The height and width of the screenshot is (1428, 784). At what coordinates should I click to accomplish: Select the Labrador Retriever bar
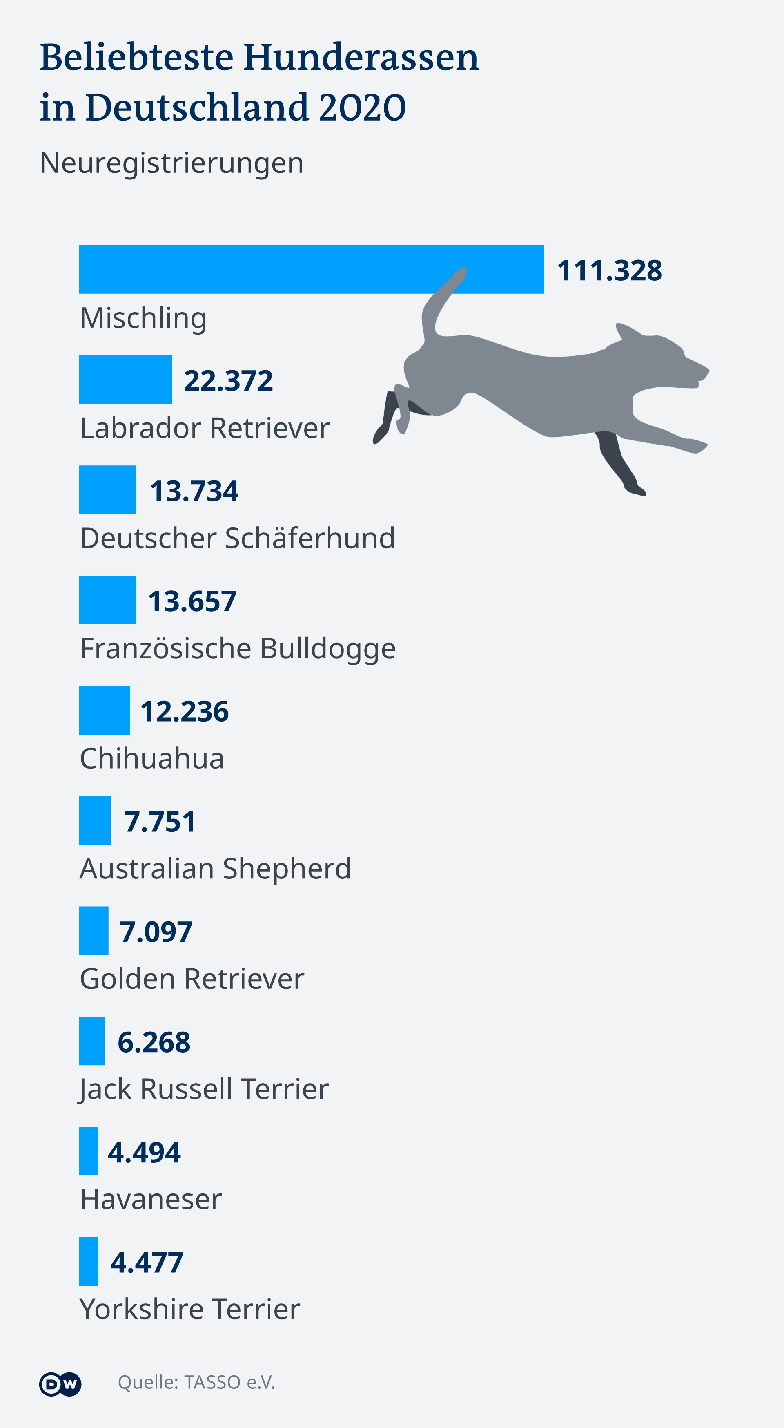click(x=125, y=380)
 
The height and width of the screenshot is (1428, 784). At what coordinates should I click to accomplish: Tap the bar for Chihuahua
click(x=104, y=710)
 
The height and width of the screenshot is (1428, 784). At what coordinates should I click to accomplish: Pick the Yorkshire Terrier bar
click(x=88, y=1261)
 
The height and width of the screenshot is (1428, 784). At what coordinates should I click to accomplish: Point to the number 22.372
click(x=228, y=381)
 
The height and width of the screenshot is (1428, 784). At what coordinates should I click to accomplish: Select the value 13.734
click(x=194, y=491)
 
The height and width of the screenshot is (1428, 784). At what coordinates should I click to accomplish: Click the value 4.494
click(x=144, y=1153)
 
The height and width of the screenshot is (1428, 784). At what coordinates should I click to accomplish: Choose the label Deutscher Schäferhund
click(x=237, y=538)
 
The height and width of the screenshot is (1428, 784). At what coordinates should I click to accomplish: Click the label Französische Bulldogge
click(x=238, y=648)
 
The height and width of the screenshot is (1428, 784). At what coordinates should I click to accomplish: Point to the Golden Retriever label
click(x=192, y=979)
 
